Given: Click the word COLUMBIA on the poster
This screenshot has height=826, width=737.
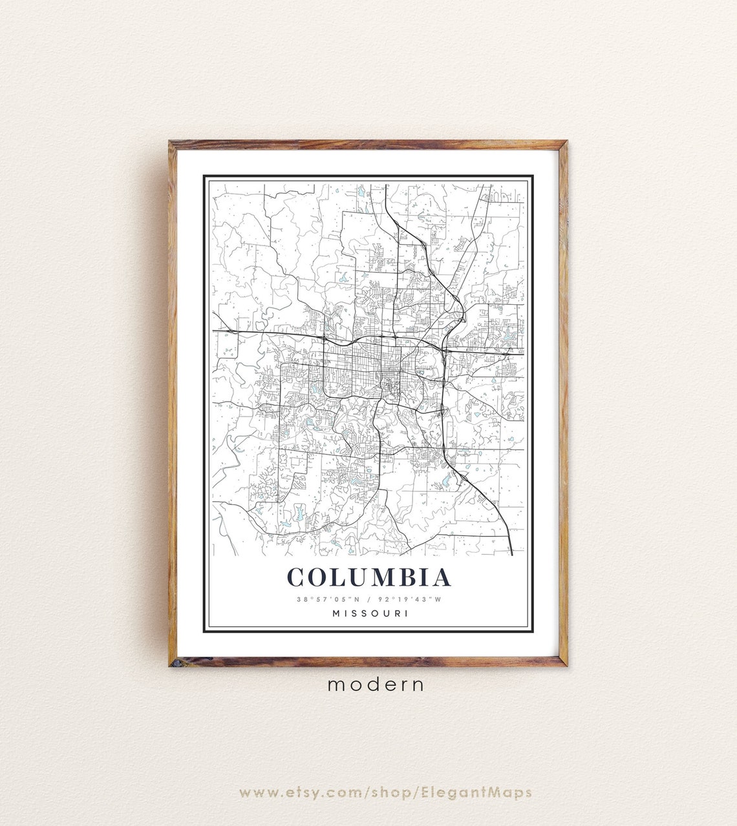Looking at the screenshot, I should click(x=369, y=577).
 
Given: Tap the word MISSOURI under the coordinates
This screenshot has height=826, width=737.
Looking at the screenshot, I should click(x=370, y=614).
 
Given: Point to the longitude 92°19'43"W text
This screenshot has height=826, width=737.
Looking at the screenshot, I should click(x=412, y=599).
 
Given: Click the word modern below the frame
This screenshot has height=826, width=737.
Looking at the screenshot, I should click(x=376, y=685).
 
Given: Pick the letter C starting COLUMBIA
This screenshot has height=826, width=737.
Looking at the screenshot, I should click(x=297, y=577).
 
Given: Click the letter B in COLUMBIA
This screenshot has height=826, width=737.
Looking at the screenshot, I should click(x=404, y=577).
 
